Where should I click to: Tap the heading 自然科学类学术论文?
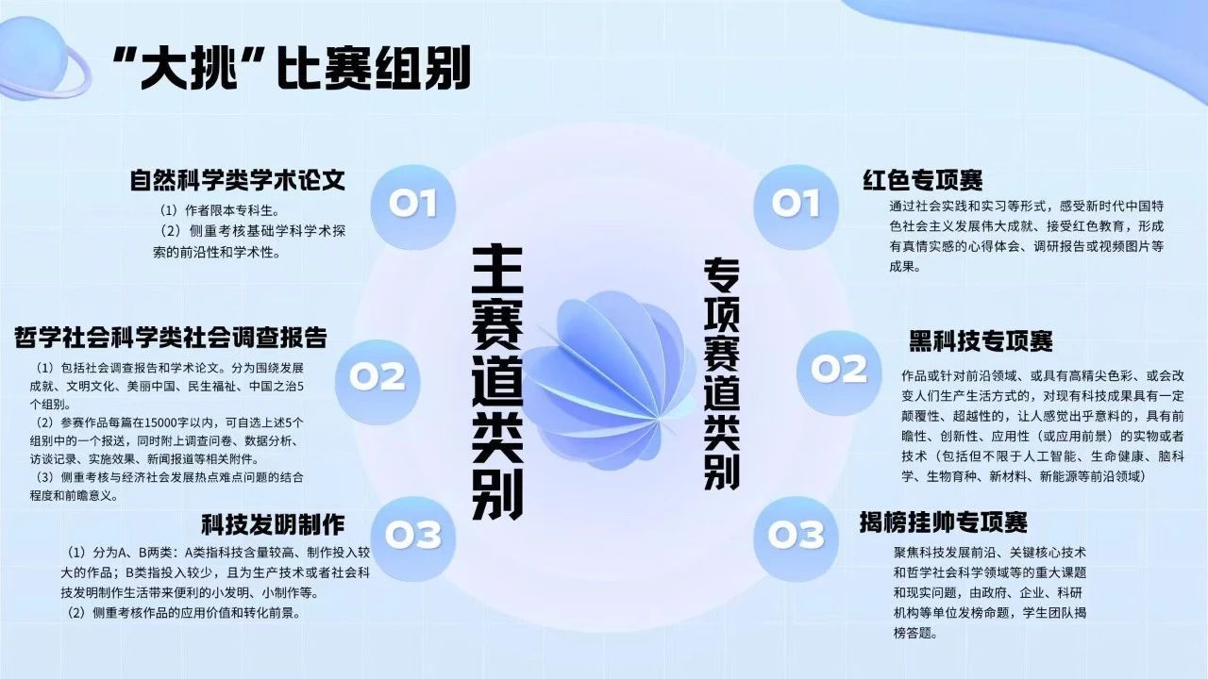237,180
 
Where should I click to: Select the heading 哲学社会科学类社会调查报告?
171,338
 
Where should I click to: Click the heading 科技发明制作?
273,524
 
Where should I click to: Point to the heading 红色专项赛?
923,180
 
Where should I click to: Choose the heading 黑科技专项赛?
981,340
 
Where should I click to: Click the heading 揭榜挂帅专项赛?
944,522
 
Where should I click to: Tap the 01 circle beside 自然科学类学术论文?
413,207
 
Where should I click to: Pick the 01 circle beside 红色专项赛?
796,207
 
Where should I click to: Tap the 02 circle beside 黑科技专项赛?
839,373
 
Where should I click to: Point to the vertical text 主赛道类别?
497,382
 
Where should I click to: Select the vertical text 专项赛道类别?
722,374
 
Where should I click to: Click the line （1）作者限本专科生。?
220,210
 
